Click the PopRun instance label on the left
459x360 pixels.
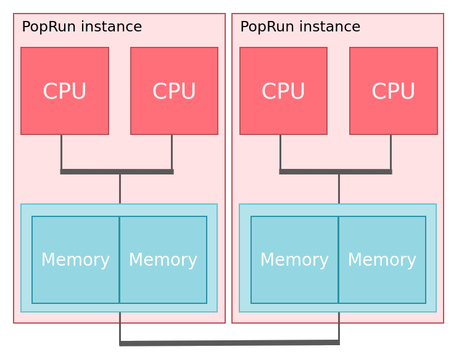(x=81, y=27)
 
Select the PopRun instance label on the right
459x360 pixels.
(x=300, y=27)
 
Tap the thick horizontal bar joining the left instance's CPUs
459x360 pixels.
(x=117, y=171)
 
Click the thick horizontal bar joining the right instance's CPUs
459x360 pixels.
(x=336, y=171)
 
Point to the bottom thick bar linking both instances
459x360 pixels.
(x=229, y=343)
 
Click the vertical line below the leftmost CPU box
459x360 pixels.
(x=61, y=152)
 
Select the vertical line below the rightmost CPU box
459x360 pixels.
(x=391, y=152)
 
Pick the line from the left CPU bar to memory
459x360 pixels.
(x=120, y=189)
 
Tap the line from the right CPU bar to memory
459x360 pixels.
(x=339, y=189)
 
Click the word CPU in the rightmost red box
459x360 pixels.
(x=394, y=91)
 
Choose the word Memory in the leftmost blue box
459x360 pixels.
(x=75, y=260)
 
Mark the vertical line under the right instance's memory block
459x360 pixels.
(x=339, y=325)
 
